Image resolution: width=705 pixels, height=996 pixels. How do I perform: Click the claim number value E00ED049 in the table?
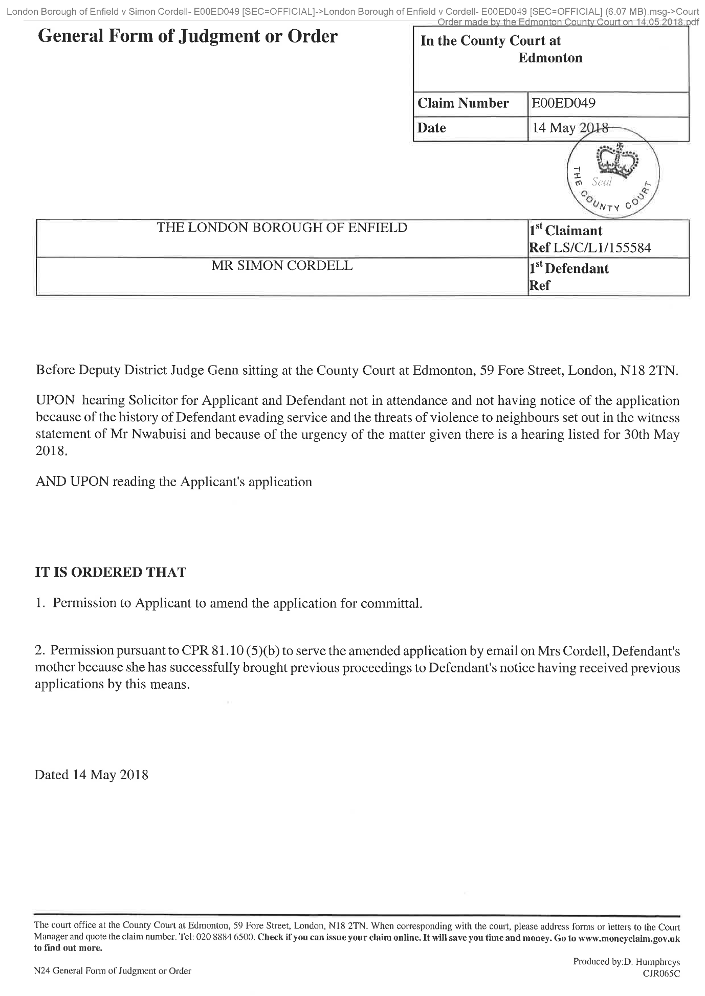coord(563,104)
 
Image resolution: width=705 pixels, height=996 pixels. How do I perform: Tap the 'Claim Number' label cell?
coord(463,104)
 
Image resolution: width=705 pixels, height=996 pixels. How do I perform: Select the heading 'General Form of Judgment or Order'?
coord(187,36)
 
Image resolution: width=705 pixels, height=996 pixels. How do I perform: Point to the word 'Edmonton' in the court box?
coord(550,58)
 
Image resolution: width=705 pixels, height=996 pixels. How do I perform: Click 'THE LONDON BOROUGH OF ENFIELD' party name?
coord(282,228)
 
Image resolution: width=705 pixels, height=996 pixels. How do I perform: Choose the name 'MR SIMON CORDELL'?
coord(282,266)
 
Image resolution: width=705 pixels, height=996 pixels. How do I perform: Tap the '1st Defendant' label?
coord(568,268)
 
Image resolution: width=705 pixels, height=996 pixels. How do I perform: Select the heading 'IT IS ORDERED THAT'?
coord(111,572)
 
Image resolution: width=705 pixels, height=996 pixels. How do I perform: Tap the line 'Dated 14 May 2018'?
coord(92,775)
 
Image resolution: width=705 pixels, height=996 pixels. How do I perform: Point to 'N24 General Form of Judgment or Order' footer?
coord(113,970)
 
